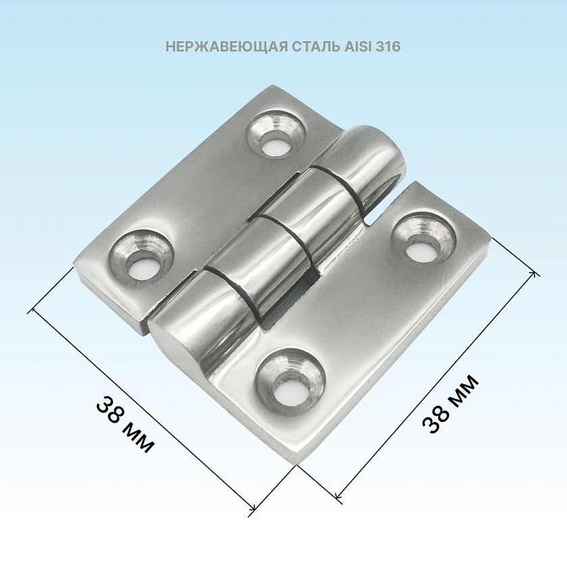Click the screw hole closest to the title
click(x=276, y=134)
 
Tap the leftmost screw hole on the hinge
click(x=141, y=256)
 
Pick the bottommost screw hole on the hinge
click(x=290, y=382)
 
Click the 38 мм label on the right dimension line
click(x=450, y=404)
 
